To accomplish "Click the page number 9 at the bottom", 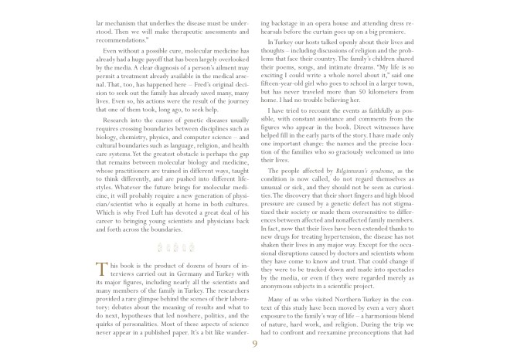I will click(254, 345).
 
